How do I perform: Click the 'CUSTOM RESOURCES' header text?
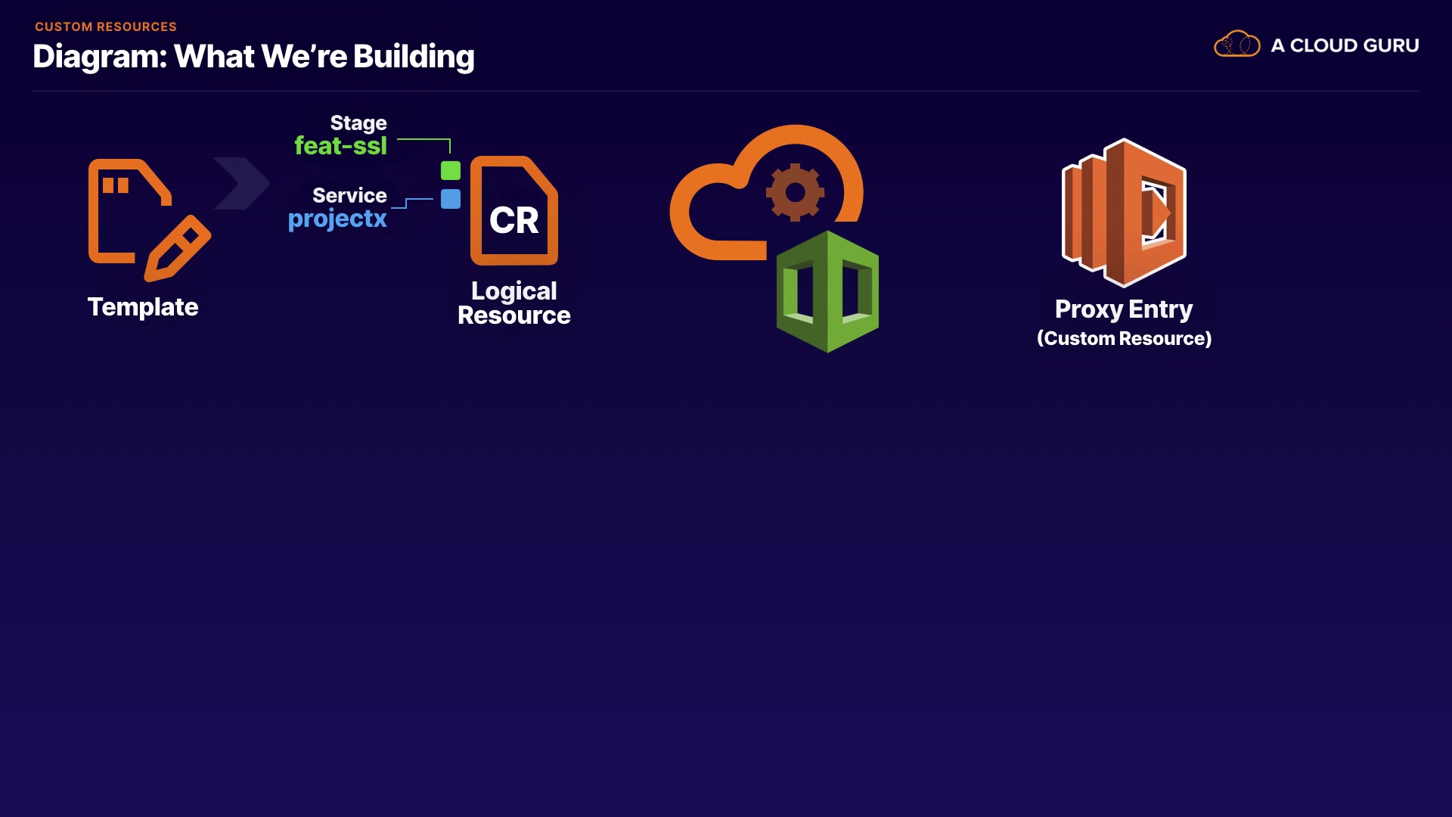point(106,26)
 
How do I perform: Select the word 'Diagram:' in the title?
point(100,57)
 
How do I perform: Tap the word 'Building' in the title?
point(414,57)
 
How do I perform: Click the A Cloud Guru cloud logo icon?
point(1236,45)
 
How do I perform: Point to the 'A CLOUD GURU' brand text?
point(1345,45)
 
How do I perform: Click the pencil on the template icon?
point(178,247)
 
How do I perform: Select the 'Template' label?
point(143,307)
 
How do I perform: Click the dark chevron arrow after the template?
point(241,183)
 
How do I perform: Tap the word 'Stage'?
point(358,123)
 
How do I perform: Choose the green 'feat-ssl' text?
point(340,145)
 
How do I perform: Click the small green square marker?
point(451,170)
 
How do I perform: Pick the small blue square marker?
point(451,199)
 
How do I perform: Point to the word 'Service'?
point(349,195)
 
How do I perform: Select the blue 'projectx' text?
point(337,219)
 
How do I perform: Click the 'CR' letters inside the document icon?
point(514,221)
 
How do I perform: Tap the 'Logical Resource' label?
point(514,303)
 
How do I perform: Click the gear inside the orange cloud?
point(795,192)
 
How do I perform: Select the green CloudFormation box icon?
point(827,291)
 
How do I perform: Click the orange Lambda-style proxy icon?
point(1124,213)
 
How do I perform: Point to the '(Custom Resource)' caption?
point(1124,338)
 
